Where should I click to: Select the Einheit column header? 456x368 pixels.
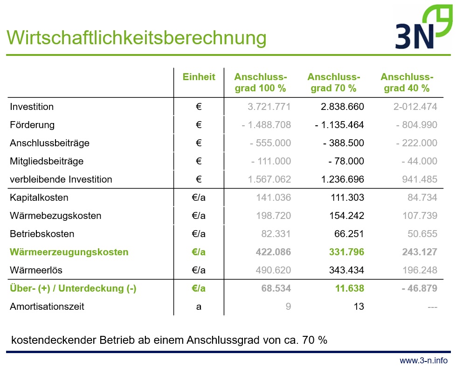[x=199, y=77]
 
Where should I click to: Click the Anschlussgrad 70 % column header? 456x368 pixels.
[x=333, y=82]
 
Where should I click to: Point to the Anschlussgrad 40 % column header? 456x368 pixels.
[x=407, y=82]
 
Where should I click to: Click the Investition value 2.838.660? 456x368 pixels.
[x=342, y=107]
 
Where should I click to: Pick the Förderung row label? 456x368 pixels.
[x=32, y=125]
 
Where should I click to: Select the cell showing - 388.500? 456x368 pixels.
[x=343, y=143]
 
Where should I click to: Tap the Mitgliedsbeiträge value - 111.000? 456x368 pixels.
[x=271, y=161]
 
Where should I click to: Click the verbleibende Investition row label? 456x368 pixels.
[x=61, y=179]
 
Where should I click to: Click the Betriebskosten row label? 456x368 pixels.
[x=42, y=234]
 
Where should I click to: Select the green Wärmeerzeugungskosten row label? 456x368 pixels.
[x=69, y=252]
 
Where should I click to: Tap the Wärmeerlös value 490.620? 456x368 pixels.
[x=273, y=270]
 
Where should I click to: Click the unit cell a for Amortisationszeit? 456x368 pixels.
[x=199, y=307]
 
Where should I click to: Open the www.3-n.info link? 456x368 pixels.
[x=423, y=361]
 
